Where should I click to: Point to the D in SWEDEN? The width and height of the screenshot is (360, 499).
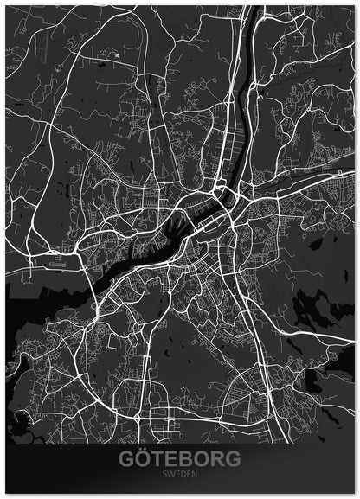(x=184, y=475)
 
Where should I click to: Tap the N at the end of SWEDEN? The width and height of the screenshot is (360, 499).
(x=196, y=475)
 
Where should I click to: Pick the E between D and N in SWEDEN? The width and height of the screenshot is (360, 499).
(x=190, y=475)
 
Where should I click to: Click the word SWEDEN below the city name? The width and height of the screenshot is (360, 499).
(x=181, y=475)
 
